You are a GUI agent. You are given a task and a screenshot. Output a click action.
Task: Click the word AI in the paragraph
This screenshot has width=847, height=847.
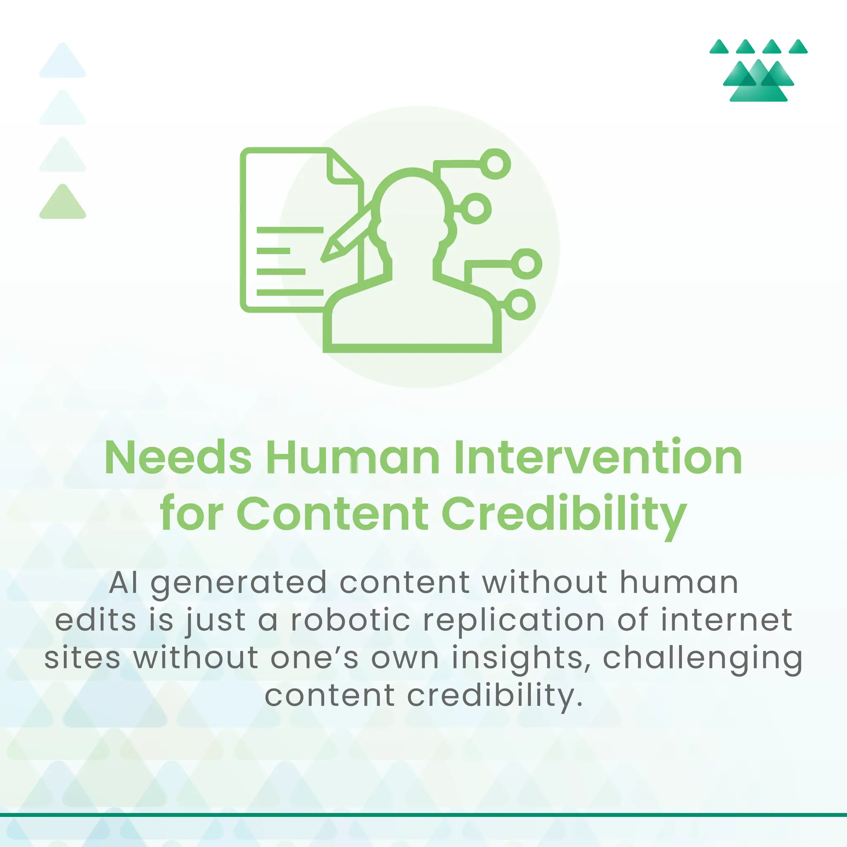[x=123, y=583]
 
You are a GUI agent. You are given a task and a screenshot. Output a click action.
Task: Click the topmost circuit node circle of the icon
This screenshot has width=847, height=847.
[x=495, y=164]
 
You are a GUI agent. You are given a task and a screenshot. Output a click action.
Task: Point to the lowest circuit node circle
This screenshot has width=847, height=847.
[x=520, y=304]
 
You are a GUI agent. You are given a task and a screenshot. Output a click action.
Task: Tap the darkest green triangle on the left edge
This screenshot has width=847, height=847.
[x=63, y=203]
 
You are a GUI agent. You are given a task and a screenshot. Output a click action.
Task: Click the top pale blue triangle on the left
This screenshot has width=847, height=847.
[x=63, y=62]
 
